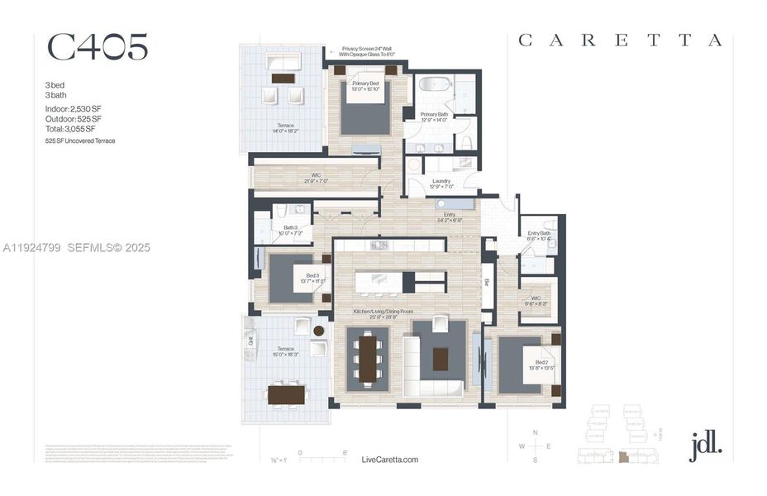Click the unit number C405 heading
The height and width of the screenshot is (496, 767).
click(x=97, y=47)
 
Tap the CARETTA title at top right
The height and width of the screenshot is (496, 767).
click(x=620, y=40)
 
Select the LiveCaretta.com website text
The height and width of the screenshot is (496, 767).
click(x=390, y=460)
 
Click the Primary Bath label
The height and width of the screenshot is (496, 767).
click(x=434, y=117)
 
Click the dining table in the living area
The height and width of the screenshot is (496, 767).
click(x=367, y=360)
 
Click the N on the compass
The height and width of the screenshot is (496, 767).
click(x=536, y=433)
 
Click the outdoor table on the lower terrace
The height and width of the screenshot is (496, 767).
click(x=286, y=395)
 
